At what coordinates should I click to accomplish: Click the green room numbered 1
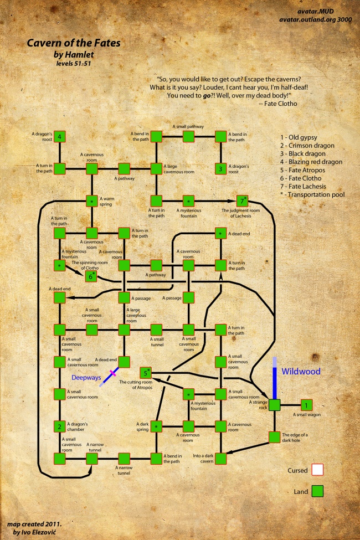click(x=306, y=405)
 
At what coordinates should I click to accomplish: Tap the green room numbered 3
click(x=220, y=168)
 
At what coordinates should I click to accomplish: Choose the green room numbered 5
click(x=145, y=372)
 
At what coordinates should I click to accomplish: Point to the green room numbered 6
click(x=91, y=276)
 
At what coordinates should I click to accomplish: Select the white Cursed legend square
click(x=317, y=470)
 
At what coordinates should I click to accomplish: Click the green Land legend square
click(x=317, y=491)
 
